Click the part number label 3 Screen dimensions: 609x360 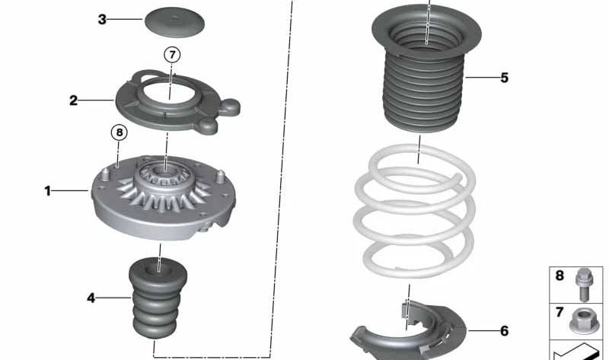coord(102,19)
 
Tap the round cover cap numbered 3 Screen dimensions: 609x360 coord(175,22)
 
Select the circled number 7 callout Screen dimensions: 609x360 coord(172,55)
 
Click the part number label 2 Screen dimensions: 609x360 coord(73,100)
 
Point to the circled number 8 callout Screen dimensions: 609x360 coord(120,133)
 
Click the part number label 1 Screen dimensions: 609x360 coord(48,191)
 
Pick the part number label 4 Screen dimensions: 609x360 coord(91,298)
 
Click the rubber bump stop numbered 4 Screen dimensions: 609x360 coord(158,297)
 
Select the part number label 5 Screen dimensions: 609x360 coord(505,78)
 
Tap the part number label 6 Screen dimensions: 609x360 coord(505,331)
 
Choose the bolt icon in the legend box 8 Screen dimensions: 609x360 coord(583,285)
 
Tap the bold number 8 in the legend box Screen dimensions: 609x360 coord(560,276)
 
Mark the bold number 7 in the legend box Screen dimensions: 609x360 coord(560,312)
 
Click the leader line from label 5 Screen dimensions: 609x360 coord(483,78)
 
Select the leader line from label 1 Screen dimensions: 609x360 coord(70,191)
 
